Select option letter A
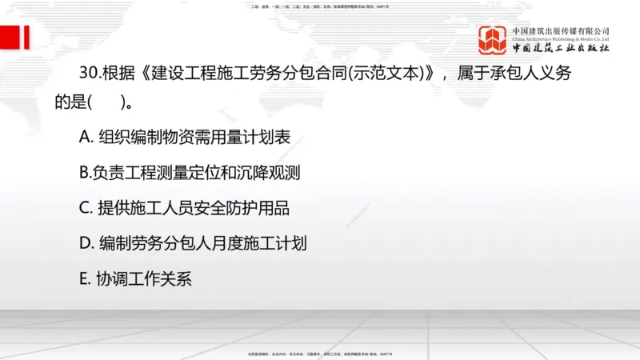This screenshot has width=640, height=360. pyautogui.click(x=85, y=138)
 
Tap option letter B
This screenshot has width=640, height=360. pyautogui.click(x=84, y=172)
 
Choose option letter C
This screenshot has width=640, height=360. pyautogui.click(x=85, y=208)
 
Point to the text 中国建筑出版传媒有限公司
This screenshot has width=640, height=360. pyautogui.click(x=561, y=30)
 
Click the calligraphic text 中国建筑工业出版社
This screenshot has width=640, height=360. pyautogui.click(x=561, y=48)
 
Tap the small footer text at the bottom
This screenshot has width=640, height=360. pyautogui.click(x=319, y=353)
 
